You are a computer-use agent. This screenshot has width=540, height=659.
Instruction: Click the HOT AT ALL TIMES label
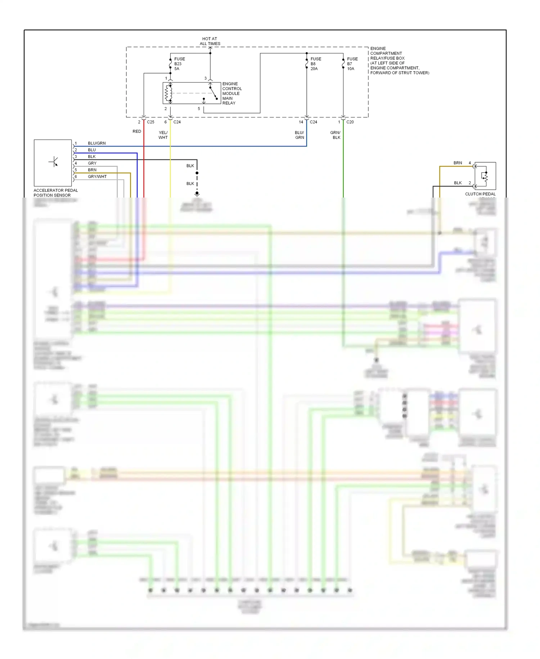(x=210, y=41)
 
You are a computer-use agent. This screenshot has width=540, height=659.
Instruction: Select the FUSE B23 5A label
(x=179, y=64)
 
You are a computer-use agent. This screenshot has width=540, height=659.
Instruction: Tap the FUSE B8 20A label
(x=316, y=64)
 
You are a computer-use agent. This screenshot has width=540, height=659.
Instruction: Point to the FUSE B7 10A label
(x=352, y=64)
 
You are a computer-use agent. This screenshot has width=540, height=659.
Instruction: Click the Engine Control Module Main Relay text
(x=232, y=93)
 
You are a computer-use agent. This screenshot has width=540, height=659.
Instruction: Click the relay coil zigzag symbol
(x=167, y=93)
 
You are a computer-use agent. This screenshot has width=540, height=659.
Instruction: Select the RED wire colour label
(x=137, y=131)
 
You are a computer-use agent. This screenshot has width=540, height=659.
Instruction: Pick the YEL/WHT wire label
(x=163, y=135)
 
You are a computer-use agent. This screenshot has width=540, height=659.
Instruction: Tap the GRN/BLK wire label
(x=336, y=135)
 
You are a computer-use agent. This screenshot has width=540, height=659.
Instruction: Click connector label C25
(x=150, y=122)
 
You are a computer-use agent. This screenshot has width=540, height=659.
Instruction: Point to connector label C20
(x=350, y=122)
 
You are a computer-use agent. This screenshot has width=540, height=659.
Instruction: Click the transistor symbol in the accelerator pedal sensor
(x=54, y=162)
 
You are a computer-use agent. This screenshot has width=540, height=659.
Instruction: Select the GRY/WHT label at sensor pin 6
(x=97, y=177)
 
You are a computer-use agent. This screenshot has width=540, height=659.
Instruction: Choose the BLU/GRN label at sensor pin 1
(x=96, y=143)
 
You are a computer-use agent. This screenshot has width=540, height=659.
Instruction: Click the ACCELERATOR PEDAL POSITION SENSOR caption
(x=55, y=193)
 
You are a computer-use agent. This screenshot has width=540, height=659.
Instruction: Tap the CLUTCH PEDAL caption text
(x=480, y=194)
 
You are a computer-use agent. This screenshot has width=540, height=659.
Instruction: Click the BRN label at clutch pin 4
(x=458, y=163)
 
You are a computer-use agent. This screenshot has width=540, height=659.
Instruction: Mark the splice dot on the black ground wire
(x=197, y=173)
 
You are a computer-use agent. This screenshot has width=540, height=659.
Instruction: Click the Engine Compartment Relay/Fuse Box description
(x=399, y=61)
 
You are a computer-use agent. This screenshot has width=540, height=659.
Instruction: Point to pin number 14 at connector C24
(x=301, y=122)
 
